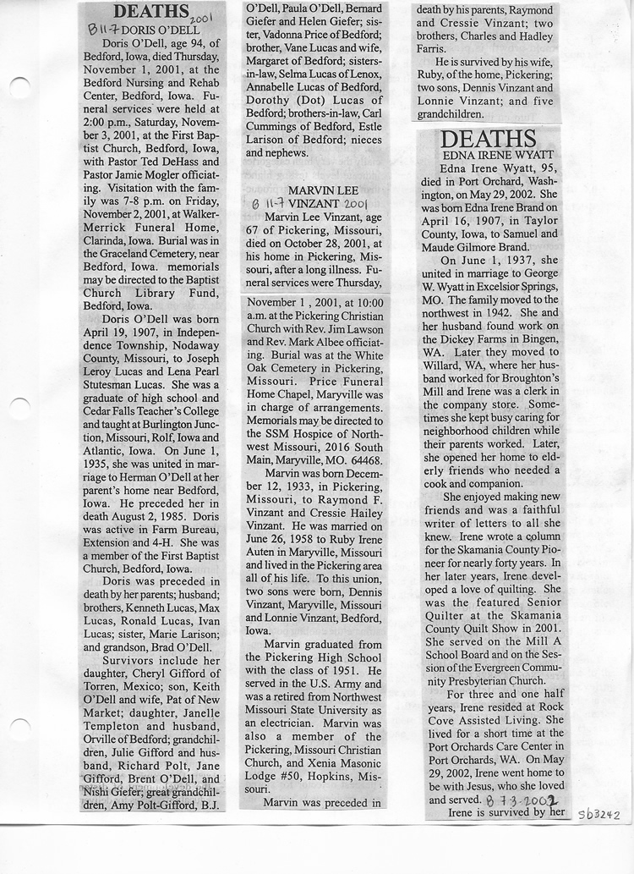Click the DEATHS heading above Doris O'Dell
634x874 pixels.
click(x=150, y=11)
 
